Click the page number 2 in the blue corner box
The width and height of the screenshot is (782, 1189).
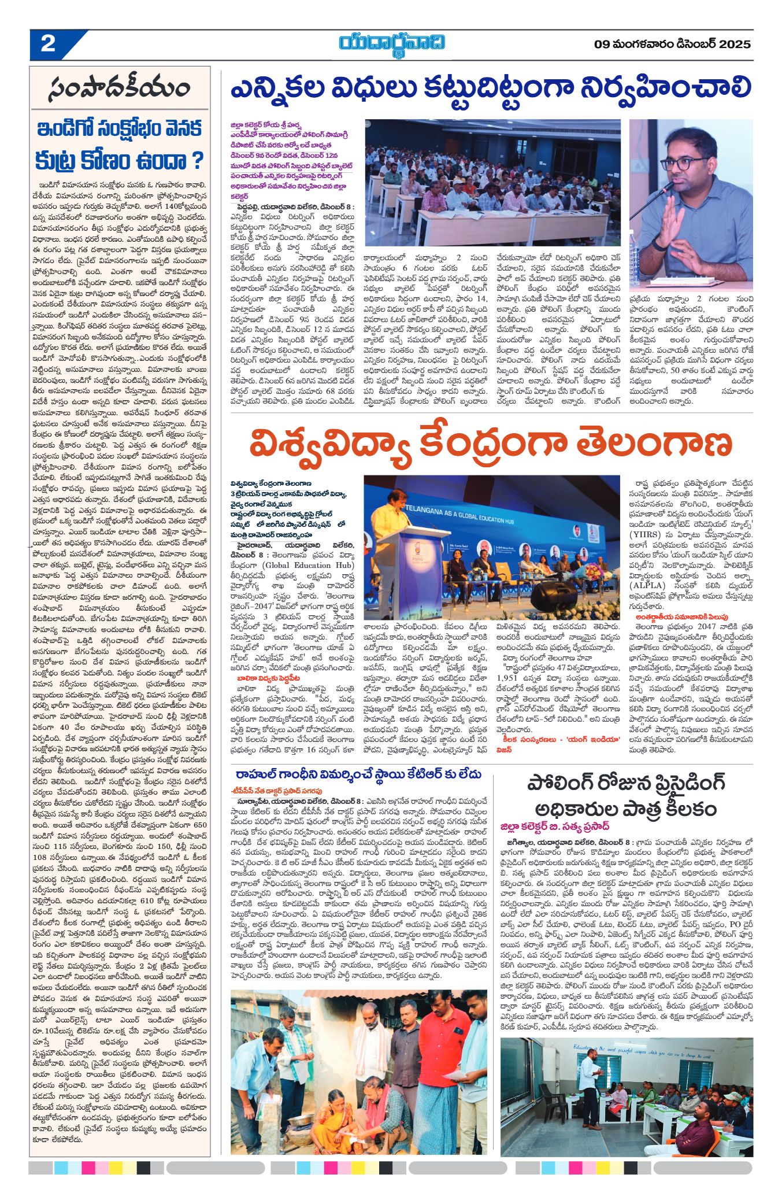[x=48, y=44]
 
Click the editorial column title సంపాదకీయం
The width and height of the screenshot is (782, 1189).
[x=120, y=88]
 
